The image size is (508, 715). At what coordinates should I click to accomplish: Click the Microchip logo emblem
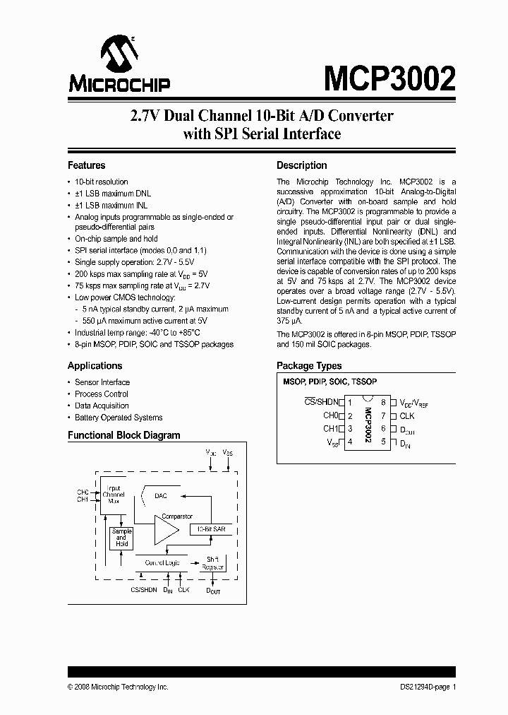(x=118, y=55)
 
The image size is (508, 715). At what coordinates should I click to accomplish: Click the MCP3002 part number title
(x=389, y=78)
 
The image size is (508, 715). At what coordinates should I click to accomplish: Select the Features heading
(x=86, y=165)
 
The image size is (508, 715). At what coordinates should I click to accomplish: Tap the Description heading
(x=301, y=165)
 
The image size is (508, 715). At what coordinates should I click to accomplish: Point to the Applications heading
(x=95, y=365)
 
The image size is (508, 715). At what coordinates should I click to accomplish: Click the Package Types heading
(x=309, y=365)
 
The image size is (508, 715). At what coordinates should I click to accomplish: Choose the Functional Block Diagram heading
(x=123, y=435)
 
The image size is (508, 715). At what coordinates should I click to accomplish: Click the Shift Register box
(x=210, y=563)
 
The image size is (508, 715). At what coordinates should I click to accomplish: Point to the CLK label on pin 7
(x=407, y=416)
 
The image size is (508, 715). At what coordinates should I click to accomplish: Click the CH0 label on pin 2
(x=331, y=416)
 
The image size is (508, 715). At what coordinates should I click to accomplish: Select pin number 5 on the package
(x=383, y=442)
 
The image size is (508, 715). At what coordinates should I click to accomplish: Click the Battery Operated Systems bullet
(x=119, y=418)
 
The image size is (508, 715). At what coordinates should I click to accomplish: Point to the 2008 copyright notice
(x=118, y=687)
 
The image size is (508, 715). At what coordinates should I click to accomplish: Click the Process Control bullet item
(x=102, y=394)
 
